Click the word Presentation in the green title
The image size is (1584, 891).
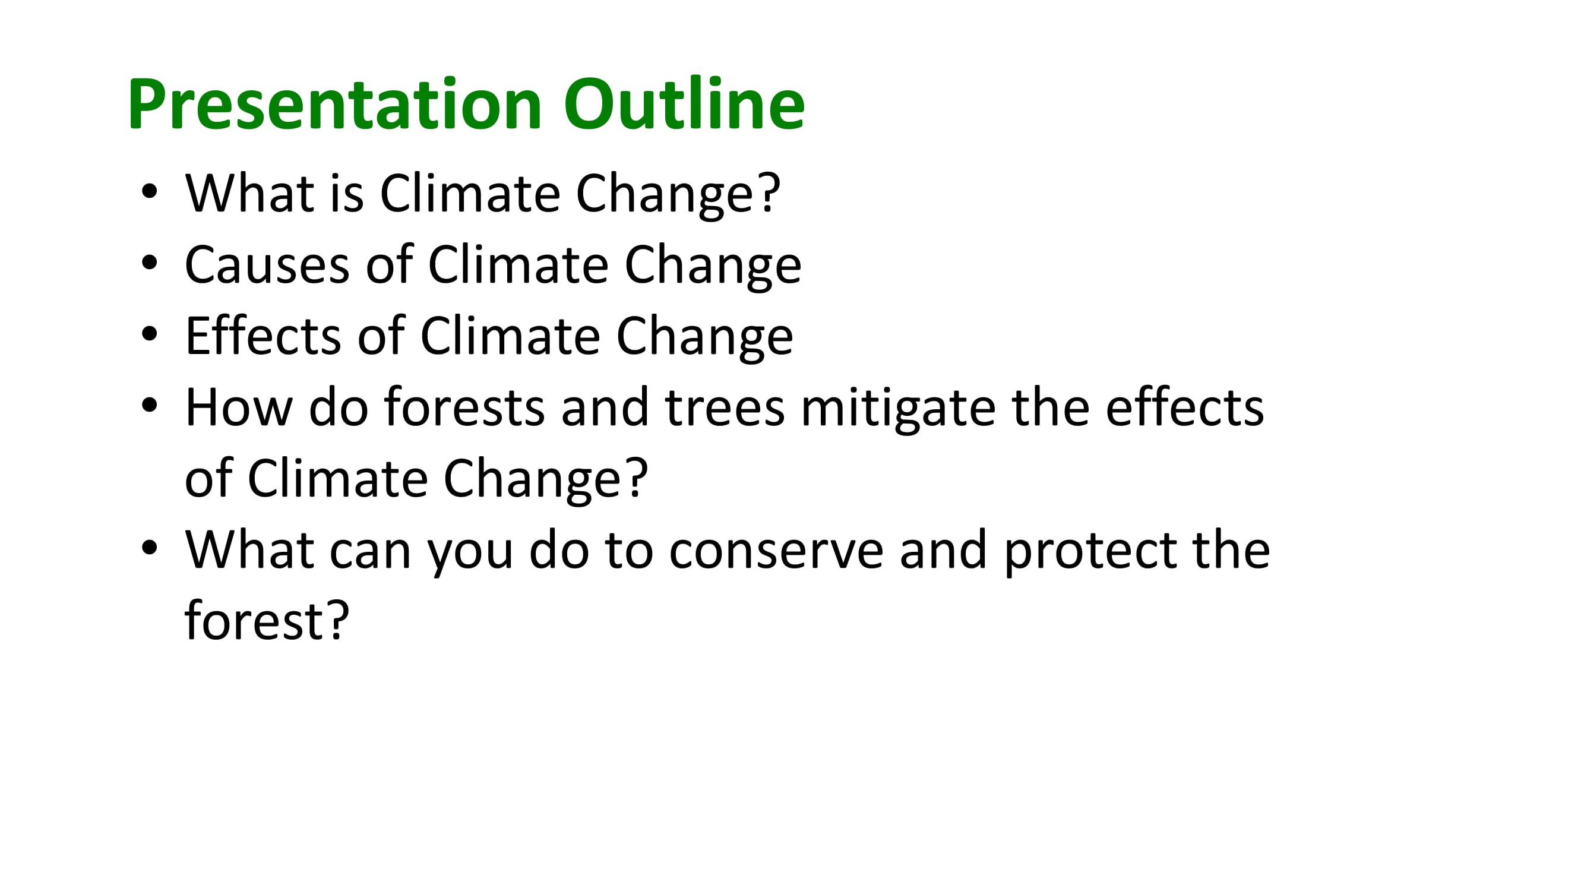coord(334,103)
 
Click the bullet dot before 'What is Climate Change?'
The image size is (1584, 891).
coord(149,191)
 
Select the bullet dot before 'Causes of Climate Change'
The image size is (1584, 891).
coord(149,263)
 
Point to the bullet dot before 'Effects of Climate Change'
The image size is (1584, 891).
coord(149,334)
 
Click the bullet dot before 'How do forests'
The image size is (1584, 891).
coord(149,405)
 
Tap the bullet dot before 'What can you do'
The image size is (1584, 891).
coord(149,548)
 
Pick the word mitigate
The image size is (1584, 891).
coord(898,409)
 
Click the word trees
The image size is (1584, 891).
coord(725,408)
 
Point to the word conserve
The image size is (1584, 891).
coord(776,551)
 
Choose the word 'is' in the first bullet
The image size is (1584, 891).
coord(346,193)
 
